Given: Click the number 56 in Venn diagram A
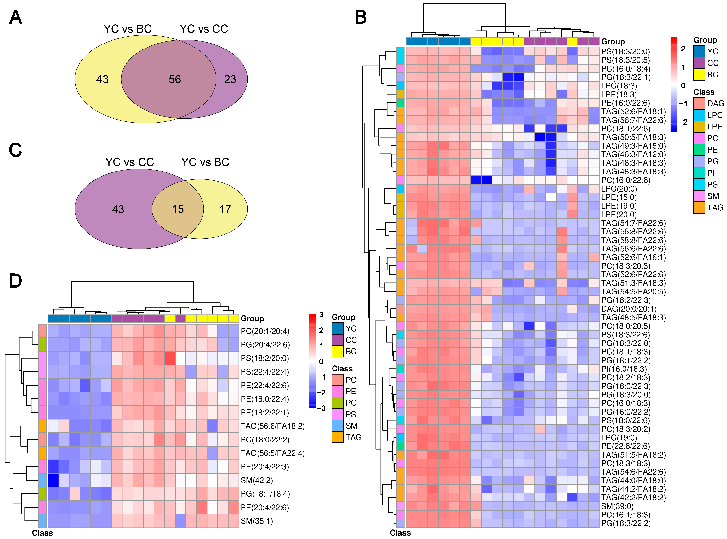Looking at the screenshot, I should (x=175, y=79).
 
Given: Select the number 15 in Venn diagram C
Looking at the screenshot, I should (x=178, y=209).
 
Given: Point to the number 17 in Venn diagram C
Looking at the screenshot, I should (x=225, y=209).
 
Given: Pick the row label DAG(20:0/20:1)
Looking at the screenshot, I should (x=629, y=309).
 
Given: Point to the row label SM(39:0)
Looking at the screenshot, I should (x=617, y=506).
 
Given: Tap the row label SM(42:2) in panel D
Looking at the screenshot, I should (x=257, y=480).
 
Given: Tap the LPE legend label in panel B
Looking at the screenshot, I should (x=715, y=127).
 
